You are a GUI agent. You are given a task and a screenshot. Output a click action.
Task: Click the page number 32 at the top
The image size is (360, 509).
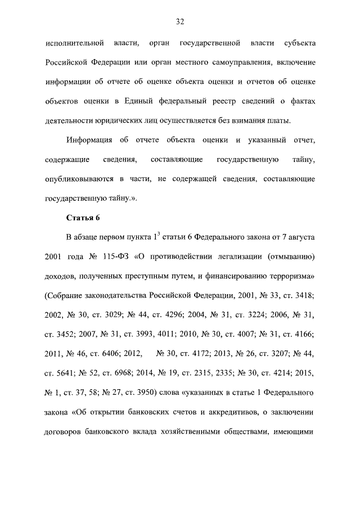[180, 22]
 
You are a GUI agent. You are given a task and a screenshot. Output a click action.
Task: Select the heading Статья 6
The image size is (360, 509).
[83, 217]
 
